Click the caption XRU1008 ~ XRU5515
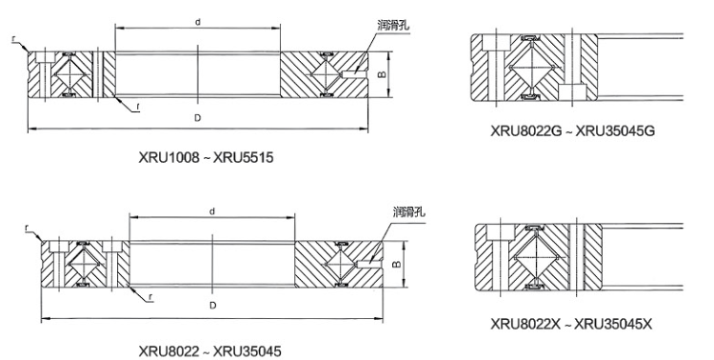pyautogui.click(x=206, y=158)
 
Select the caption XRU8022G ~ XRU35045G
pyautogui.click(x=572, y=130)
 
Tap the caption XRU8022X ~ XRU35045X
pyautogui.click(x=571, y=324)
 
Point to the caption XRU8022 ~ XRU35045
pyautogui.click(x=210, y=351)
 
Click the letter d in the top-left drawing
pyautogui.click(x=198, y=22)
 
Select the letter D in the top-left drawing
pyautogui.click(x=198, y=118)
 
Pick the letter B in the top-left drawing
pyautogui.click(x=383, y=74)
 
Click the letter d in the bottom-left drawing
pyautogui.click(x=212, y=211)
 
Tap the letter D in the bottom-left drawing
pyautogui.click(x=212, y=306)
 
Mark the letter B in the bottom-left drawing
pyautogui.click(x=397, y=264)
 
